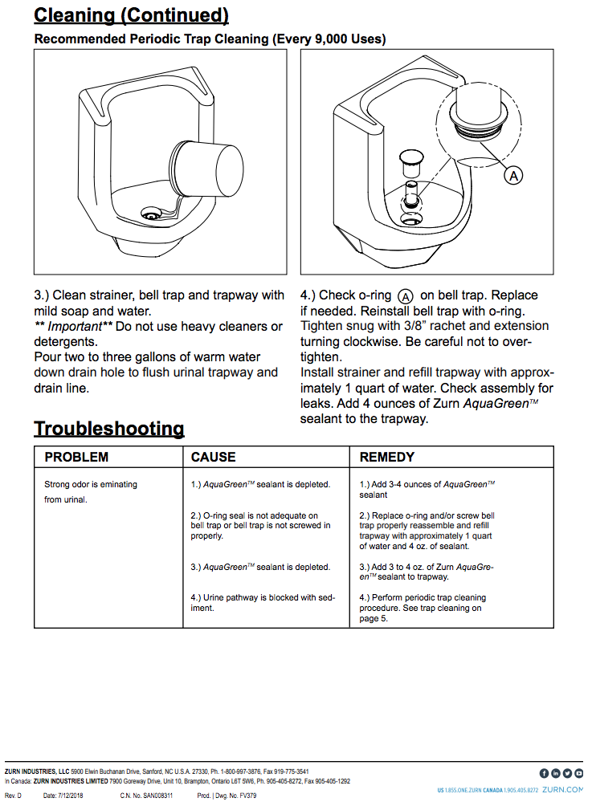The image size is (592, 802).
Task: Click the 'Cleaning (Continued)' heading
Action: click(x=132, y=14)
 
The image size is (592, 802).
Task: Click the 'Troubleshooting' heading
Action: click(x=109, y=428)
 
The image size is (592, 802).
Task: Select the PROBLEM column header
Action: click(x=76, y=457)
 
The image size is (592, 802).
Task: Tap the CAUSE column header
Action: click(x=213, y=457)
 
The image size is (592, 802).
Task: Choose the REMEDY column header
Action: click(x=387, y=457)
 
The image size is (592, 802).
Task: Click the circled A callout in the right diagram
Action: click(x=513, y=175)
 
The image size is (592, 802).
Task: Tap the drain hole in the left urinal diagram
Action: click(x=150, y=214)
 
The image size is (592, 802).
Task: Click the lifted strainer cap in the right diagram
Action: click(x=412, y=159)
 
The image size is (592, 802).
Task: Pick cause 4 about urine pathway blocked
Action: click(x=263, y=603)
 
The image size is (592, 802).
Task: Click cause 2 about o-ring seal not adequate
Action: click(x=260, y=526)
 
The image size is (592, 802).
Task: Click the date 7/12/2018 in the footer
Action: click(x=71, y=796)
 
